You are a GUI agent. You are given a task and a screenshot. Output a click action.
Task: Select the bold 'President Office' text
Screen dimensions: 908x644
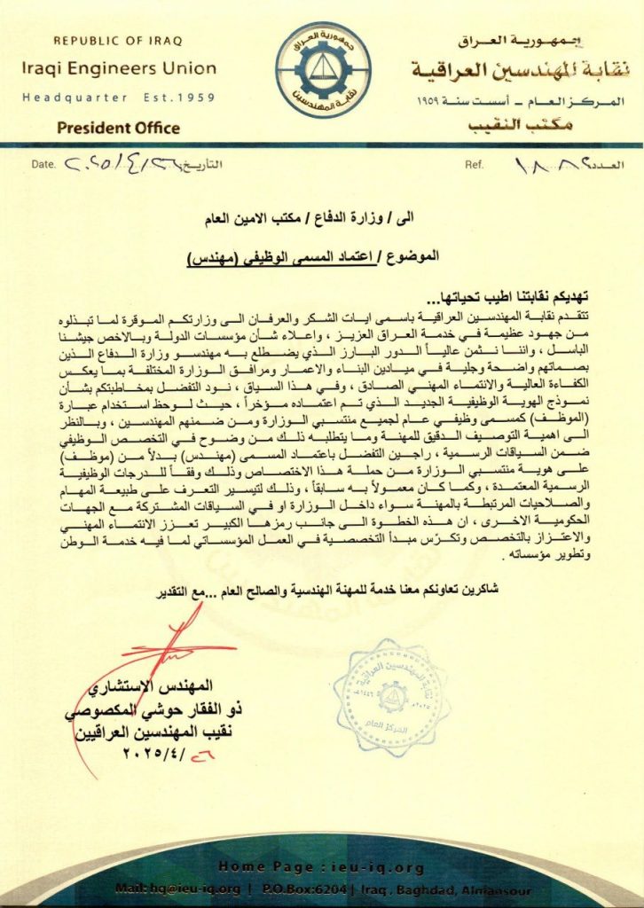118,128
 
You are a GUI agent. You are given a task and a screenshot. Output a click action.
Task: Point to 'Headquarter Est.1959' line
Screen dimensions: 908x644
118,97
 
